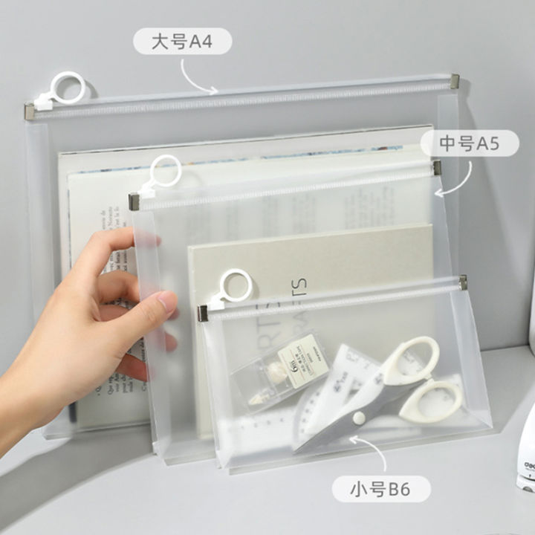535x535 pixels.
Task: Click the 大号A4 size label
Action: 182,42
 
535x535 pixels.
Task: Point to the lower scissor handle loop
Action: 431,401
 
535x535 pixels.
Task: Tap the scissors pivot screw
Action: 359,419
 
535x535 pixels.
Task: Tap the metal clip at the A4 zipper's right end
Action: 453,80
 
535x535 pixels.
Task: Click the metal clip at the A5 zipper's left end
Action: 134,201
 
